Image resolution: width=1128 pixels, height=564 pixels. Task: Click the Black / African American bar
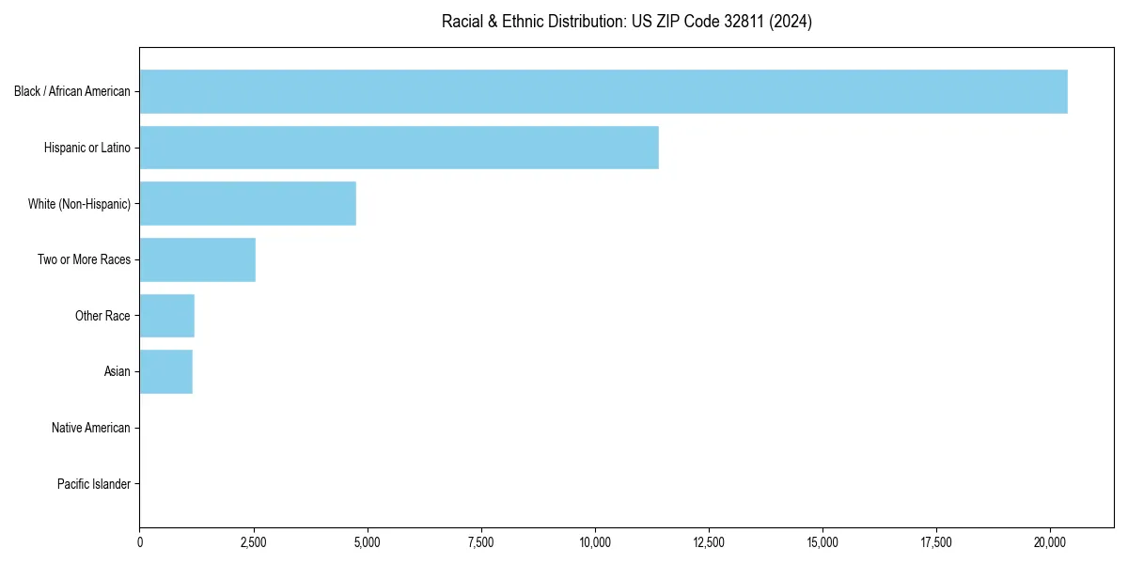603,91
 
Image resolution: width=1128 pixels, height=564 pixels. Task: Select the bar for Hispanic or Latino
399,148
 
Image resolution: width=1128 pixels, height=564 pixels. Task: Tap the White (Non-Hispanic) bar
247,204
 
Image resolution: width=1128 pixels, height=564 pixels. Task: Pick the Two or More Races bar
197,259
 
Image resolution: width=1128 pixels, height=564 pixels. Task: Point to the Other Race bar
166,316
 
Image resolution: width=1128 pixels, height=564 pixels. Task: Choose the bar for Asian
165,371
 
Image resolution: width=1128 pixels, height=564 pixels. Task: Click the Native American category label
91,428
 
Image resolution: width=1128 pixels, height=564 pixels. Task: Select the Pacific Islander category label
93,484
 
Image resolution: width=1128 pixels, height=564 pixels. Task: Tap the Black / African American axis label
72,91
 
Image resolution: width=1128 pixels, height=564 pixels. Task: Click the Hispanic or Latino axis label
87,148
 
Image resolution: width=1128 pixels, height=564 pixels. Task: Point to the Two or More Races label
84,259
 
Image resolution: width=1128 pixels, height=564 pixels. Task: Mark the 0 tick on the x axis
140,541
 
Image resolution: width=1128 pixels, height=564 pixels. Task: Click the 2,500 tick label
254,541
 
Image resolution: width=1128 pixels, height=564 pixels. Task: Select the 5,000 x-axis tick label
368,541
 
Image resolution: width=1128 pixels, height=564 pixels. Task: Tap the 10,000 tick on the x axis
595,541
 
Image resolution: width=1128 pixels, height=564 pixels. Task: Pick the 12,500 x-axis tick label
709,541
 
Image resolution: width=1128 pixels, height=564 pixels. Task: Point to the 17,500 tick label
936,541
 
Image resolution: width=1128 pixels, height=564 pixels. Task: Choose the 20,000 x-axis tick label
1050,541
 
